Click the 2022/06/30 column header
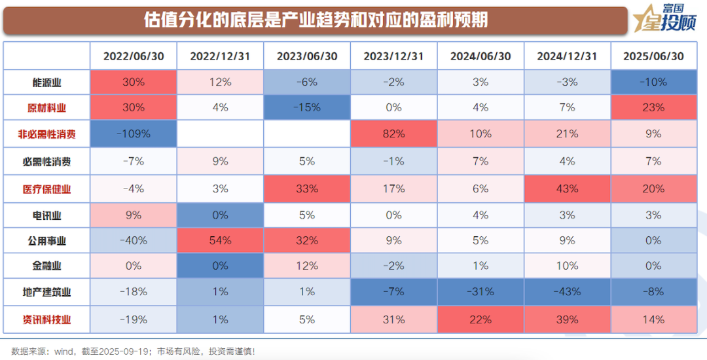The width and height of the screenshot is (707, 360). (x=134, y=56)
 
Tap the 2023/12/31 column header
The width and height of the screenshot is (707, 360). (x=393, y=56)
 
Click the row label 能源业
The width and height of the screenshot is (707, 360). (x=47, y=82)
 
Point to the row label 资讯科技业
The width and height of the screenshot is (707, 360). (x=47, y=319)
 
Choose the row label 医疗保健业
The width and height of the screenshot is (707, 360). (x=47, y=189)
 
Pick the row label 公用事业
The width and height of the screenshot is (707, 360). (x=47, y=241)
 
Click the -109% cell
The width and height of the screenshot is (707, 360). (x=134, y=134)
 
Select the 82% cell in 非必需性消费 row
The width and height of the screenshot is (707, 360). (x=393, y=134)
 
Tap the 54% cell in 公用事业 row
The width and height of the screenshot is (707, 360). (x=220, y=240)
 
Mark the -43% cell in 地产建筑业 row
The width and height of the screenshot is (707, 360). (x=567, y=292)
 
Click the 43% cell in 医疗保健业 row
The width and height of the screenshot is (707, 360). (x=567, y=189)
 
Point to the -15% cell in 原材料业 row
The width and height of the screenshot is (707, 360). (x=307, y=108)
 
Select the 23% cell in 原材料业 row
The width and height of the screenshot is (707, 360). (x=653, y=108)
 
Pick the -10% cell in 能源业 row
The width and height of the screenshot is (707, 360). (x=653, y=82)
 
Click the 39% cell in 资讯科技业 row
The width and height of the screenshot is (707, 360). (x=567, y=319)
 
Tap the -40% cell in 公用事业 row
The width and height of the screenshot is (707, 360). (x=134, y=240)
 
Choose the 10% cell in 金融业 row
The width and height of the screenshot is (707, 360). (x=567, y=266)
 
